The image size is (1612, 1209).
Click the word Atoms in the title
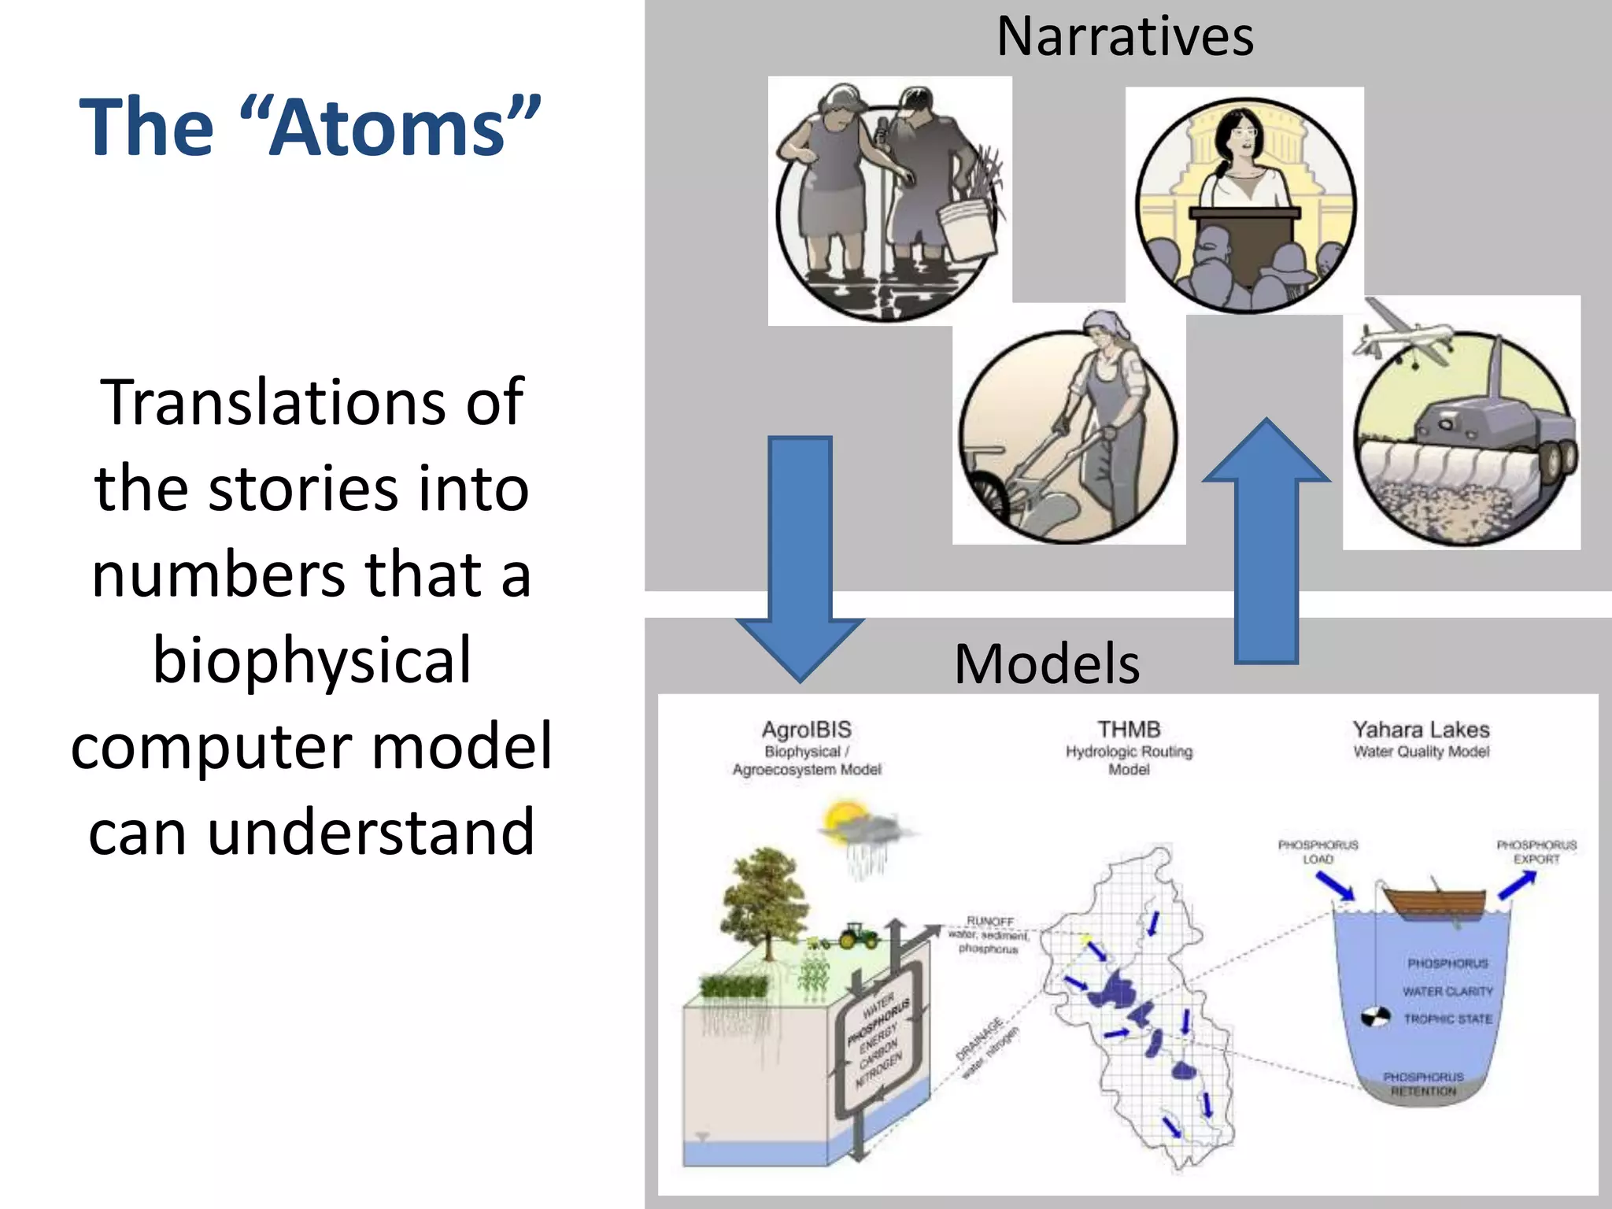[x=390, y=128]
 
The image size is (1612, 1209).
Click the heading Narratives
[x=1125, y=38]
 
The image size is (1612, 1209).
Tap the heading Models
[x=1046, y=664]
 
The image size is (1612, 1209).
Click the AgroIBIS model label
[x=807, y=730]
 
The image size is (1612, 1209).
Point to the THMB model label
[x=1129, y=730]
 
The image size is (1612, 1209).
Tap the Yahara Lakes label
[x=1421, y=730]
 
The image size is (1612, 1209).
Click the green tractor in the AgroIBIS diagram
[x=858, y=936]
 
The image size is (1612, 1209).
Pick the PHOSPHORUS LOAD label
[x=1318, y=852]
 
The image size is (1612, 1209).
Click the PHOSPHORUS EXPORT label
[x=1536, y=852]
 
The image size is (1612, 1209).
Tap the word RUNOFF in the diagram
[x=990, y=921]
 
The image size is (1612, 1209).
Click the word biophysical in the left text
[x=312, y=660]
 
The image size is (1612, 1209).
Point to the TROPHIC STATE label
[x=1447, y=1019]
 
